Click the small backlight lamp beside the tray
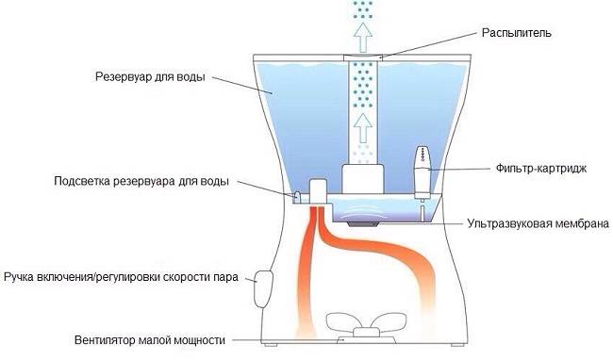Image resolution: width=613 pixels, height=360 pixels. coord(297,196)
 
